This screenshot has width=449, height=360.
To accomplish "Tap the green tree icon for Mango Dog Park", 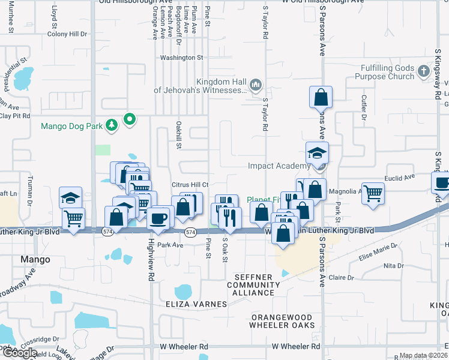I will [x=111, y=125].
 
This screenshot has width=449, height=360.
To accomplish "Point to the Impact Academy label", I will [x=279, y=166].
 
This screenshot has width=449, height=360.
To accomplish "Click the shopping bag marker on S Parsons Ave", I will [x=321, y=97].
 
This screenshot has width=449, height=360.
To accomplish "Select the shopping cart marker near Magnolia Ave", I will [x=373, y=194].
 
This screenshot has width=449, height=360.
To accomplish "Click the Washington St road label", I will [x=182, y=58].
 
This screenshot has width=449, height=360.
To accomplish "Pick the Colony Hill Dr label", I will [x=67, y=34].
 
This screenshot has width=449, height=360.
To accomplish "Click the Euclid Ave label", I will [x=401, y=178].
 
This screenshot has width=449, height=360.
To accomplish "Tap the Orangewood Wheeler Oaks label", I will [x=282, y=321].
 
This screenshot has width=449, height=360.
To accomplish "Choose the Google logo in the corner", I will [x=19, y=353].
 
